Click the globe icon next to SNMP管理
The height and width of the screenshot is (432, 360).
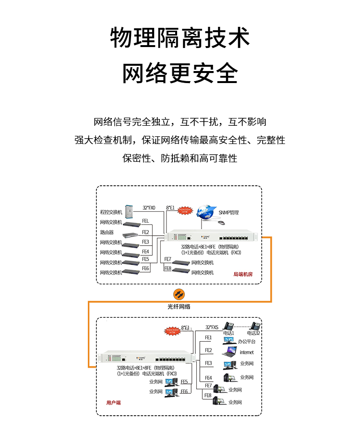pos(207,213)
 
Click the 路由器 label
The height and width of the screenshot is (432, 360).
pos(107,232)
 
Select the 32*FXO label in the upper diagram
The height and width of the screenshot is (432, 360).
pos(149,208)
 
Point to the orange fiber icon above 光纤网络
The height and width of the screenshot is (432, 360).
pos(179,294)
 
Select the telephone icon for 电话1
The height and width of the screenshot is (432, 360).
pos(228,325)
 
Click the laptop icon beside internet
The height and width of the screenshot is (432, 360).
pos(229,352)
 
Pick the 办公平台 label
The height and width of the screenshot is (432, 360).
pos(247,341)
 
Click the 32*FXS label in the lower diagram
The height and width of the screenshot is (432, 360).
pos(212,327)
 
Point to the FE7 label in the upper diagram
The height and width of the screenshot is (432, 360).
pos(168,259)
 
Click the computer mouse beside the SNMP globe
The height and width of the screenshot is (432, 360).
pos(221,222)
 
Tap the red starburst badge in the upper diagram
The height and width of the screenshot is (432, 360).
pos(185,210)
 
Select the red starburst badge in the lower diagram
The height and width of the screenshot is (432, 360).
pos(172,331)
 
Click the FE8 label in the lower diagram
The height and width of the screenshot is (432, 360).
pos(208,396)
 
